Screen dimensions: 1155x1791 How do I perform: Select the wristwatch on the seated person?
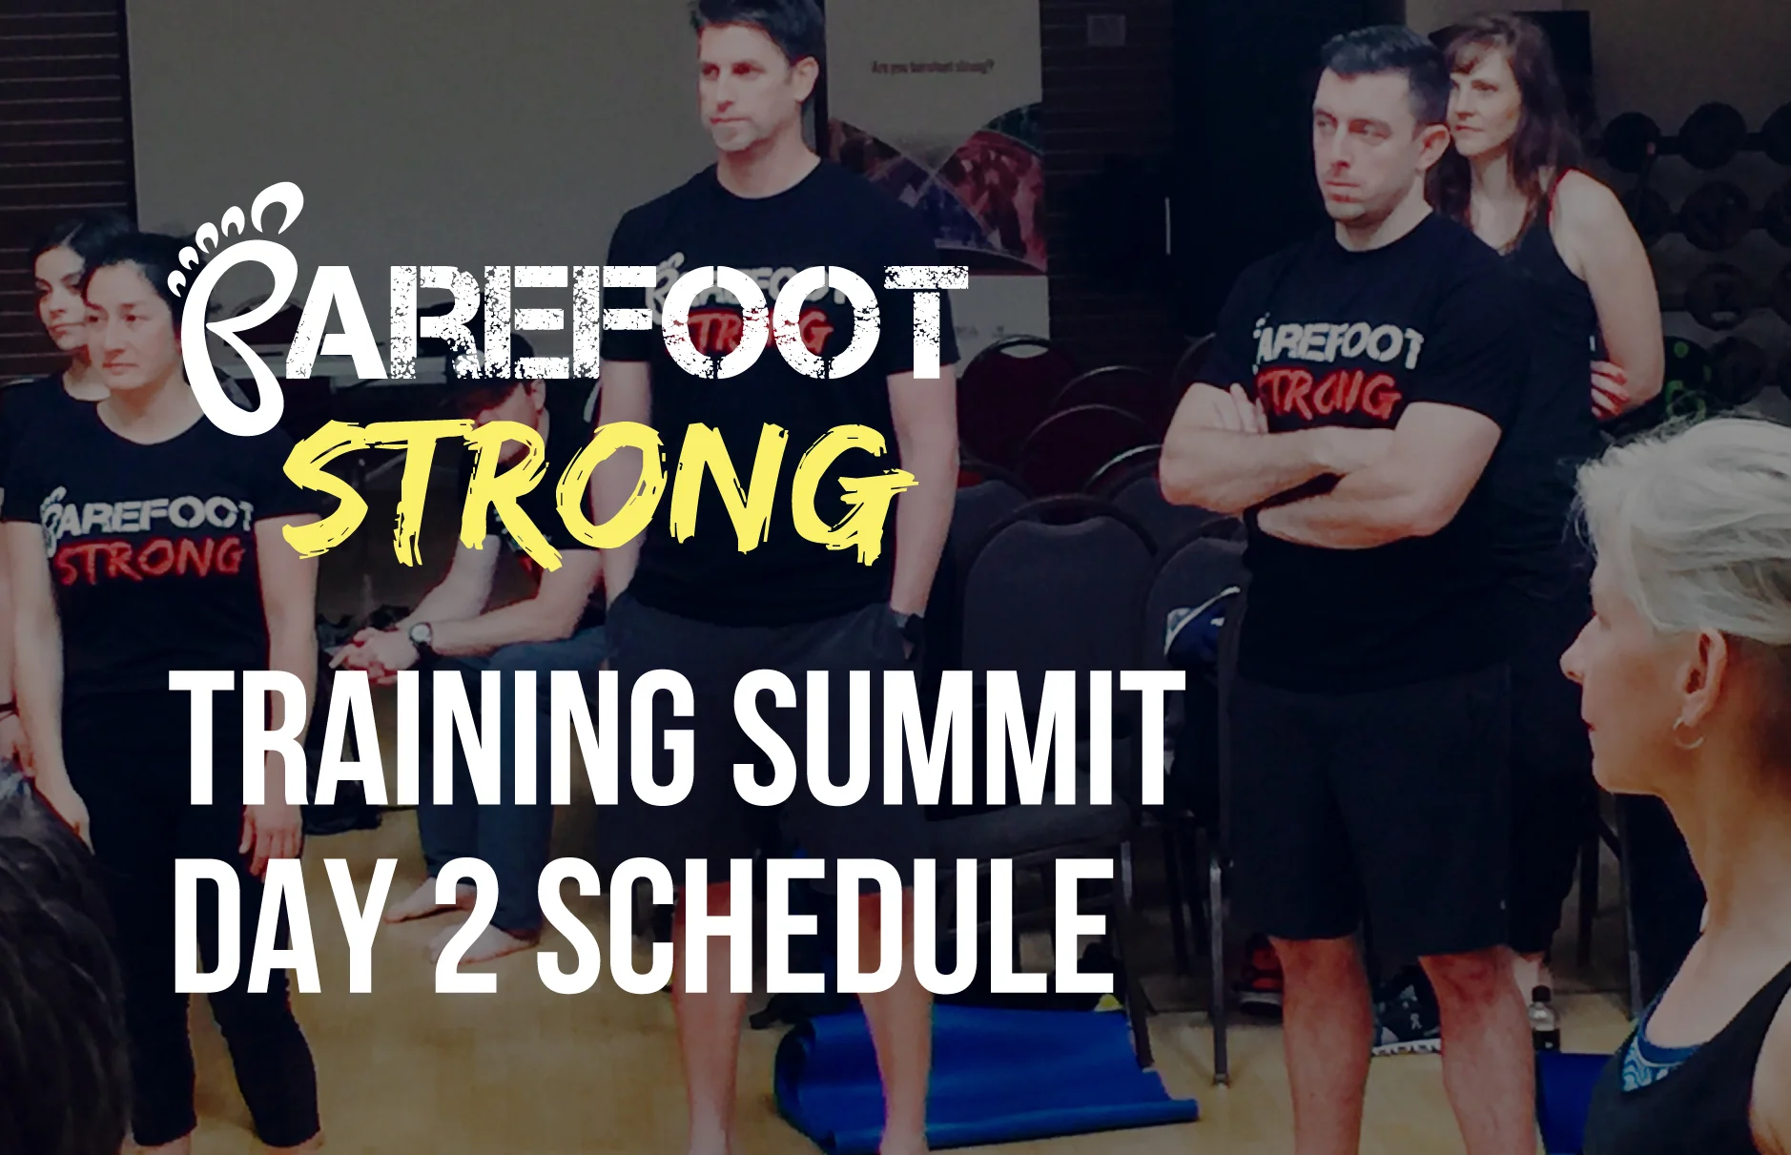coord(421,633)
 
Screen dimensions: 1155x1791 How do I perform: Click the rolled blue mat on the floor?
coord(982,1078)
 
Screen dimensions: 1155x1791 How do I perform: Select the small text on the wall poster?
coord(932,68)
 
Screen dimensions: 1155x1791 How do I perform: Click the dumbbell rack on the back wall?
coord(1707,191)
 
